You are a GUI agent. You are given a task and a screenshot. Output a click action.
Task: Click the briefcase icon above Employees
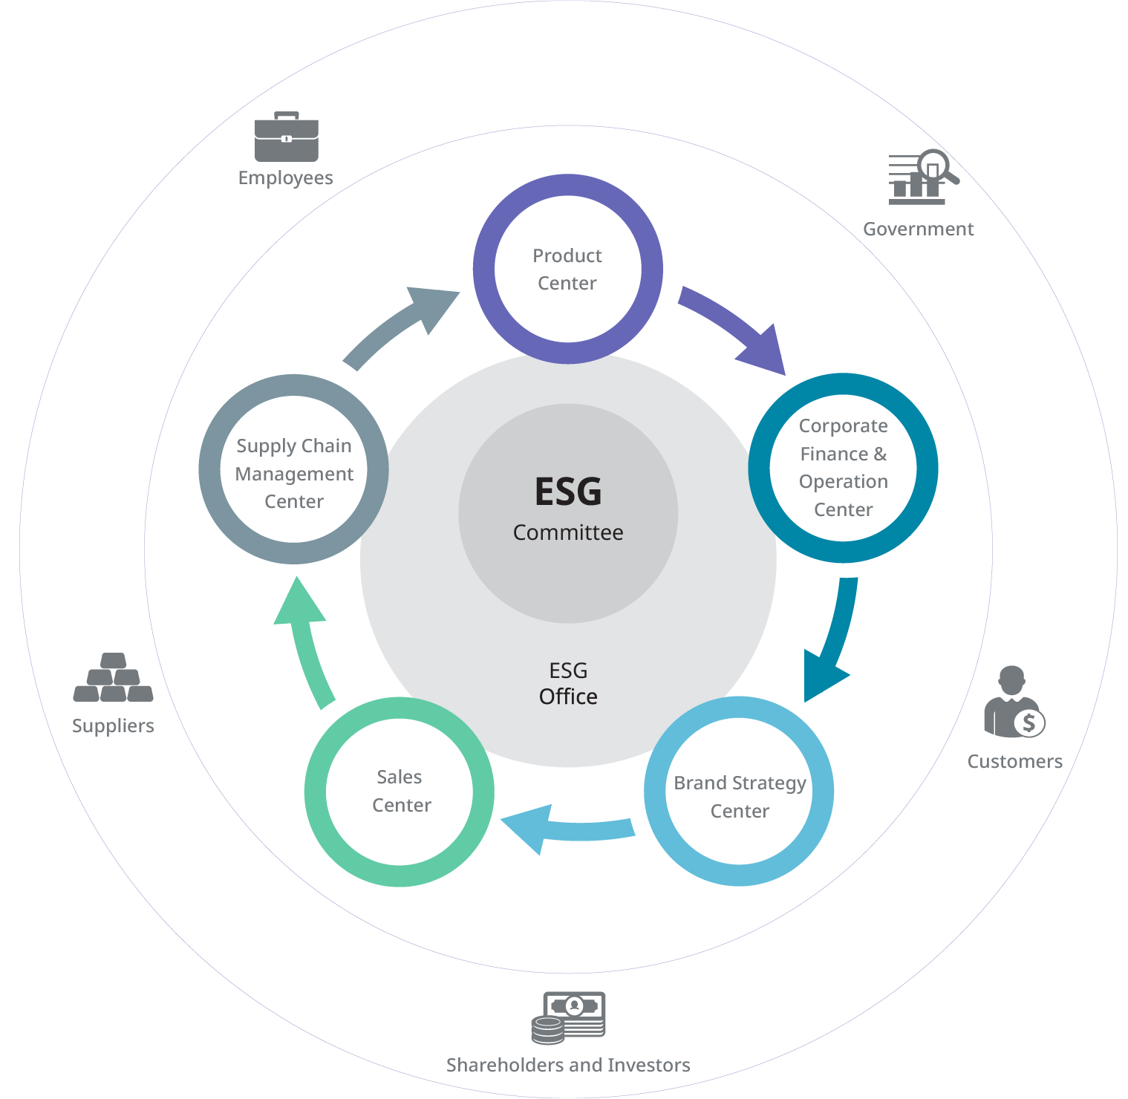pyautogui.click(x=287, y=137)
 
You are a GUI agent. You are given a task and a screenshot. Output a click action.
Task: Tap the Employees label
pyautogui.click(x=285, y=178)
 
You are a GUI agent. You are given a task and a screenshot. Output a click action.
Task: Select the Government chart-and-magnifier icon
pyautogui.click(x=922, y=177)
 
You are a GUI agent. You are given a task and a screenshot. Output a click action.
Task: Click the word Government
pyautogui.click(x=918, y=229)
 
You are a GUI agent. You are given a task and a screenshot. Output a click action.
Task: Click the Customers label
pyautogui.click(x=1014, y=761)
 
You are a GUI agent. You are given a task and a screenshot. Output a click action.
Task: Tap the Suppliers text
pyautogui.click(x=113, y=725)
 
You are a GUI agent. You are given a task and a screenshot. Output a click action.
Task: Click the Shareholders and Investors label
pyautogui.click(x=568, y=1065)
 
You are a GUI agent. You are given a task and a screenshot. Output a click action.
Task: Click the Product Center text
pyautogui.click(x=567, y=269)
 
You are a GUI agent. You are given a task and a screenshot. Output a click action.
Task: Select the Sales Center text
pyautogui.click(x=400, y=791)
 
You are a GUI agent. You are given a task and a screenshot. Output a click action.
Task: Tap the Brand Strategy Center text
pyautogui.click(x=740, y=796)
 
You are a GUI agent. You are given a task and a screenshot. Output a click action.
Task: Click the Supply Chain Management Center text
pyautogui.click(x=294, y=473)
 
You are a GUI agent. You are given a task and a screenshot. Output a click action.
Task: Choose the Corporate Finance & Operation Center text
pyautogui.click(x=843, y=467)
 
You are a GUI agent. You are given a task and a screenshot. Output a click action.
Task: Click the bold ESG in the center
pyautogui.click(x=568, y=492)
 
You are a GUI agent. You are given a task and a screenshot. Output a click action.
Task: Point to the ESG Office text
pyautogui.click(x=568, y=683)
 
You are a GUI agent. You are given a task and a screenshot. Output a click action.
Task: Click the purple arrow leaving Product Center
pyautogui.click(x=735, y=327)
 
